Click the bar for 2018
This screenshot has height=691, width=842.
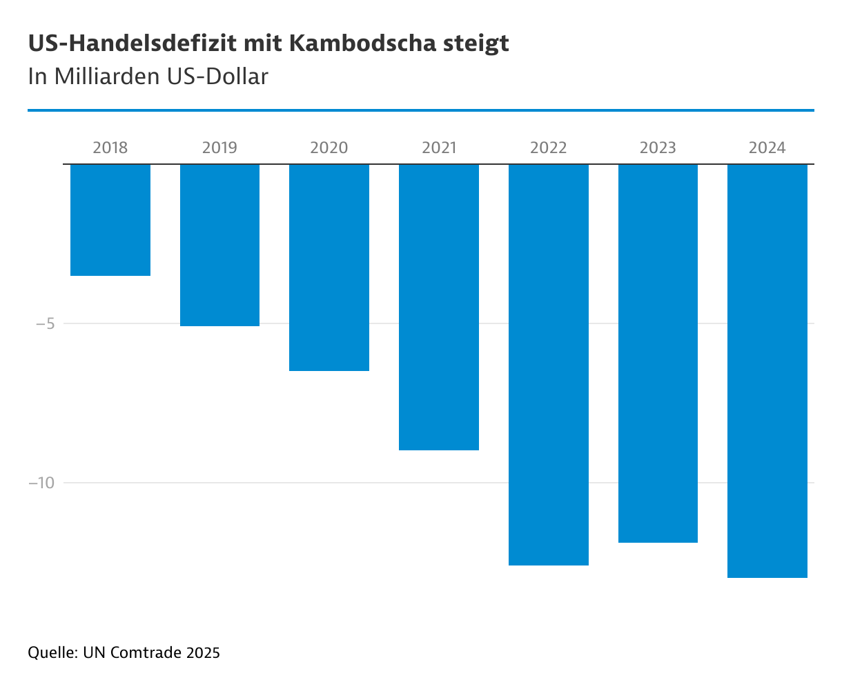pyautogui.click(x=110, y=220)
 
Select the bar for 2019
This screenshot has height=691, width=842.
pyautogui.click(x=219, y=245)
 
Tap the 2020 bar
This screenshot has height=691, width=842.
pyautogui.click(x=329, y=268)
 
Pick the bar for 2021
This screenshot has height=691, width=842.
pyautogui.click(x=439, y=307)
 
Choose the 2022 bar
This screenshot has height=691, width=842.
pyautogui.click(x=549, y=365)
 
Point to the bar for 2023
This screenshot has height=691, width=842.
pyautogui.click(x=658, y=353)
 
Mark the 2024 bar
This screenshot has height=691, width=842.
pyautogui.click(x=767, y=371)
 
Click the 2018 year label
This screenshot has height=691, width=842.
pyautogui.click(x=110, y=148)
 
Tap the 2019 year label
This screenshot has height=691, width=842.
pyautogui.click(x=219, y=148)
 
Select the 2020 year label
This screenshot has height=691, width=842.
pyautogui.click(x=329, y=148)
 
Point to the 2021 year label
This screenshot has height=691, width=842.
pyautogui.click(x=439, y=148)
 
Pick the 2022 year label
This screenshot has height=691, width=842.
pyautogui.click(x=549, y=148)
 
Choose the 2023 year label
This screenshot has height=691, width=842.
pyautogui.click(x=658, y=148)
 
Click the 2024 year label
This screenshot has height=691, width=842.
pyautogui.click(x=767, y=148)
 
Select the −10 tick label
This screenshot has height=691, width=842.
pyautogui.click(x=41, y=483)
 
